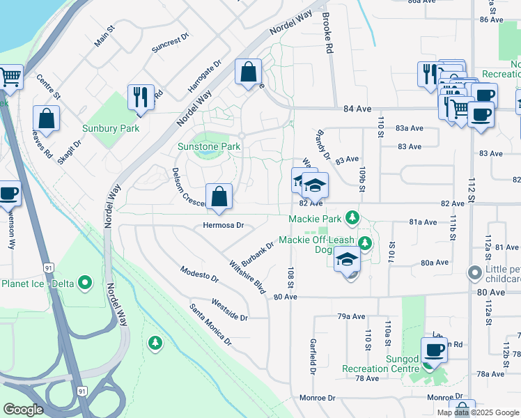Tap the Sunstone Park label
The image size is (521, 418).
click(208, 146)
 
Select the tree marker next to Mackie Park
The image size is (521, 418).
click(353, 219)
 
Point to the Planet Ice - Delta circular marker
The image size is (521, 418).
click(85, 283)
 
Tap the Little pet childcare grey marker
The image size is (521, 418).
click(476, 272)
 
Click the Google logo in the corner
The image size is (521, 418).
click(23, 410)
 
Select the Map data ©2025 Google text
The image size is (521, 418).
click(477, 412)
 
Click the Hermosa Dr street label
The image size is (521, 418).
click(223, 225)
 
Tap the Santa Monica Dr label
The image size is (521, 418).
click(210, 324)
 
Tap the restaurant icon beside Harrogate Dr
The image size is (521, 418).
click(141, 97)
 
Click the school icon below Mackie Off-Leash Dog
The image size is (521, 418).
click(347, 261)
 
